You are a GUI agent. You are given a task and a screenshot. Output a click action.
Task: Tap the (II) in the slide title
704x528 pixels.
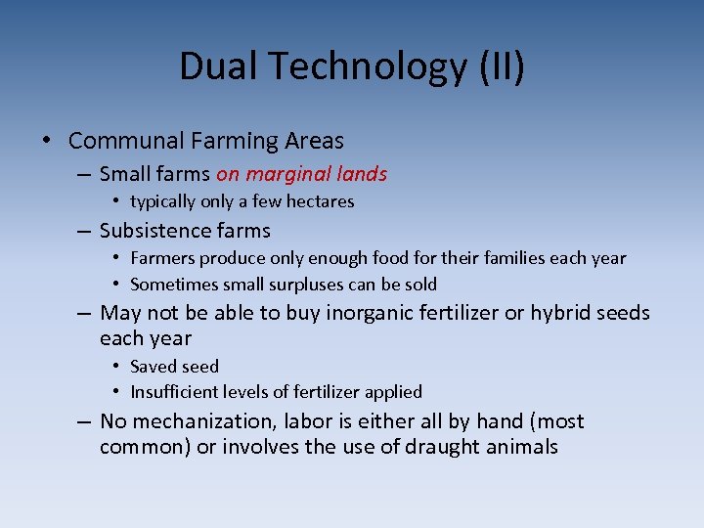pos(502,67)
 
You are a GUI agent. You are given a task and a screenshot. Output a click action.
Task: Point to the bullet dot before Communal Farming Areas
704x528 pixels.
pos(47,141)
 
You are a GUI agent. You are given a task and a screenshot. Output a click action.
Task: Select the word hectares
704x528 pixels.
pos(319,201)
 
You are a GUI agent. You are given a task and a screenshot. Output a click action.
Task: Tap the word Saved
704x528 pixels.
pos(152,367)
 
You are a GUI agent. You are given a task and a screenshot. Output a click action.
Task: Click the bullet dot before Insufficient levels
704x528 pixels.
pos(115,392)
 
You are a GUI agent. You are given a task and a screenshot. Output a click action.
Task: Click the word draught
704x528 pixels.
pos(455,448)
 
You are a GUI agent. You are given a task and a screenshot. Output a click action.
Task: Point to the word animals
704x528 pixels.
pos(525,448)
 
